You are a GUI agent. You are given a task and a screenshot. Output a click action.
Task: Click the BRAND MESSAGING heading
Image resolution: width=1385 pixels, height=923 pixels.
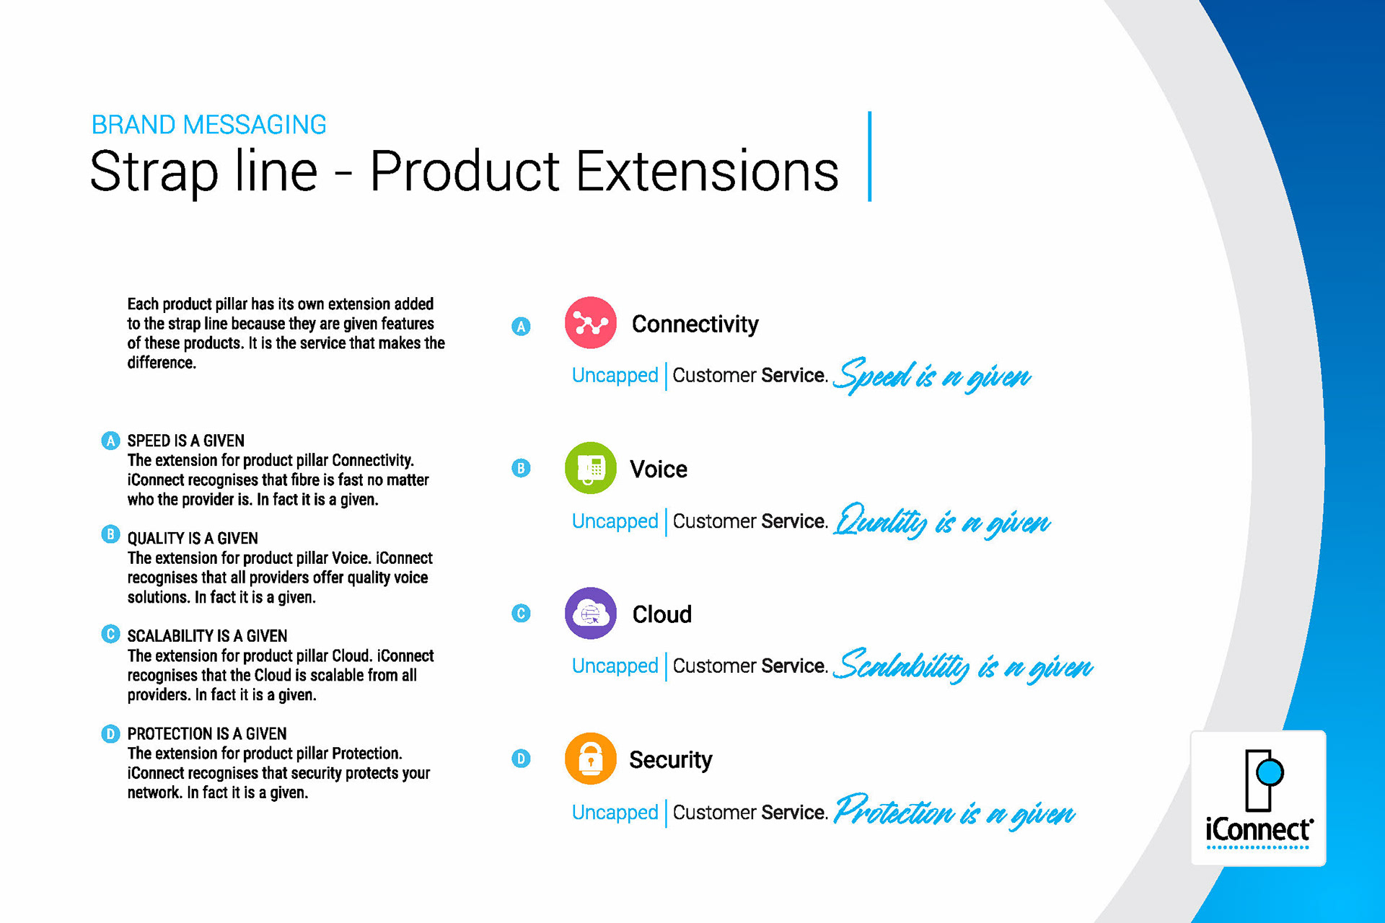(208, 125)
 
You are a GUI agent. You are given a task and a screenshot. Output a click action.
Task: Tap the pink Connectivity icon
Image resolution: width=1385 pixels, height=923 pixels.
(591, 322)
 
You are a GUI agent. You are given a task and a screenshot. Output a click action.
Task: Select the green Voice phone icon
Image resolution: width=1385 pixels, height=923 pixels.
(591, 468)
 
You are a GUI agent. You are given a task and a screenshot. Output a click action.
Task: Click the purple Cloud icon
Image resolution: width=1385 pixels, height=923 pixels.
(591, 614)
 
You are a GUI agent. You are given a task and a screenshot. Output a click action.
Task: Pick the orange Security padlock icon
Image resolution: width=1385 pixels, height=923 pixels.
(591, 759)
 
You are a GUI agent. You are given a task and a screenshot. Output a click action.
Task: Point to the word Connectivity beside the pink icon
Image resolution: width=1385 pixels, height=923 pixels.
(695, 324)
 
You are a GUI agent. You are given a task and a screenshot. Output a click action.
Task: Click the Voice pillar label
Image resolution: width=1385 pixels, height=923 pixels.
(659, 469)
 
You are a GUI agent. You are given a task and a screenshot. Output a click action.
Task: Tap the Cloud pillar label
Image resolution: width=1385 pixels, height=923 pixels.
(662, 614)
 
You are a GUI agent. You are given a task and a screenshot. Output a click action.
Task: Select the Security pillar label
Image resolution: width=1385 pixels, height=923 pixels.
(671, 760)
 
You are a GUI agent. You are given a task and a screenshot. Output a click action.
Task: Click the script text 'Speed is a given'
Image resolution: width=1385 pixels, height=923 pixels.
(932, 375)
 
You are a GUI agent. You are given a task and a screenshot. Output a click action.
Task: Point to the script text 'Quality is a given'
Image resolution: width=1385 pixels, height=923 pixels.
(942, 521)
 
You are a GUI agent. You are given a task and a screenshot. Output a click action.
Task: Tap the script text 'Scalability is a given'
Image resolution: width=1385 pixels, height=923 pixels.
(963, 666)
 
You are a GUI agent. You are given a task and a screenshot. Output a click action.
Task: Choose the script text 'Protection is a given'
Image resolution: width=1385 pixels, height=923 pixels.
(954, 812)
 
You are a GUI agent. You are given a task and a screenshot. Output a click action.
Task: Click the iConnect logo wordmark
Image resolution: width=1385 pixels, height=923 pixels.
(1259, 830)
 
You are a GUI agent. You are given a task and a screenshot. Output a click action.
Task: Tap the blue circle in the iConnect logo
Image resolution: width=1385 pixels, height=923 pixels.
(1270, 772)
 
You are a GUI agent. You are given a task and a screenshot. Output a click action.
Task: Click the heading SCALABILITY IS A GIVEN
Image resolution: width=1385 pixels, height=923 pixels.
(207, 636)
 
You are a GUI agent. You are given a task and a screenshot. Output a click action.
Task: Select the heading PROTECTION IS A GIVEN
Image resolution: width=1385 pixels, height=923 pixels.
(207, 734)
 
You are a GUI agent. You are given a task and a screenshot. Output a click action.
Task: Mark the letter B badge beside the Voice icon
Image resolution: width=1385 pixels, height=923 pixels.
(521, 468)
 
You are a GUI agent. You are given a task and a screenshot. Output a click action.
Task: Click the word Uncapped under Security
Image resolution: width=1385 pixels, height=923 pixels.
(615, 813)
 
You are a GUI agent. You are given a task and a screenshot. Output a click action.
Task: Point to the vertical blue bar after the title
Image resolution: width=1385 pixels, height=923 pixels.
(870, 156)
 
